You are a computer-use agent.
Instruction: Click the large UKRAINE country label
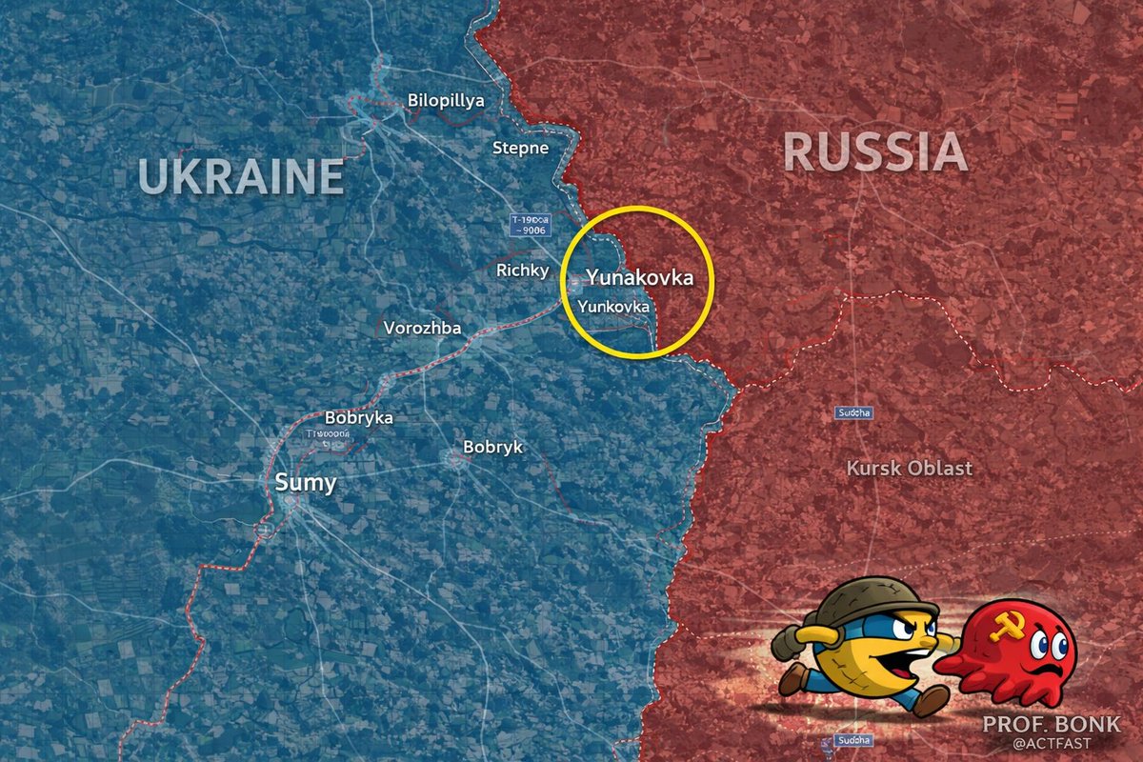(240, 176)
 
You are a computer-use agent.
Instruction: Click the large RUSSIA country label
(875, 152)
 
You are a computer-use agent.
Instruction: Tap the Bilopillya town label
(446, 100)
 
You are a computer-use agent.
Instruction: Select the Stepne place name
(520, 148)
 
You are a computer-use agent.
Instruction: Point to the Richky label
(523, 271)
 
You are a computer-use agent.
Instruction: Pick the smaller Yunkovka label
(613, 308)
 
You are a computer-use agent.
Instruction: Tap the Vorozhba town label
(422, 329)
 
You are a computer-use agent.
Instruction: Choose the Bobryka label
(359, 417)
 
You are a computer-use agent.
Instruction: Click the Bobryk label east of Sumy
(492, 447)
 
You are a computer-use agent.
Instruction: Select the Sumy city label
(306, 483)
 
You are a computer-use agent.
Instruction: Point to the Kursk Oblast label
(910, 468)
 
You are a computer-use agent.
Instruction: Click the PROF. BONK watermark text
(1052, 724)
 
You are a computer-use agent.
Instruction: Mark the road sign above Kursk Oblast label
(854, 412)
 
